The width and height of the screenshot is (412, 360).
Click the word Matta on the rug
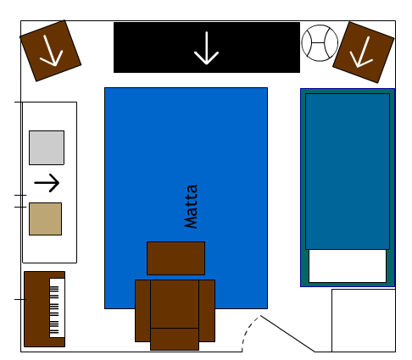pos(191,206)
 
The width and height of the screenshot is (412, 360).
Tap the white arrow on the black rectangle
pos(207,48)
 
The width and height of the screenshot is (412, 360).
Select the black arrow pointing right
pos(47,183)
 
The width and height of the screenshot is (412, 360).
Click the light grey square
pos(47,147)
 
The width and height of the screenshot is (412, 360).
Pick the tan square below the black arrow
pos(45,219)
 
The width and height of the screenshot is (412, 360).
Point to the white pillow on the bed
pos(348,266)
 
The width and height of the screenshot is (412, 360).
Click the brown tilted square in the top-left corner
pos(51,51)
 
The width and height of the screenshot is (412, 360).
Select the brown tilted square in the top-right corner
pos(364,53)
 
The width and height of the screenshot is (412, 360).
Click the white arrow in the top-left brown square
pos(51,51)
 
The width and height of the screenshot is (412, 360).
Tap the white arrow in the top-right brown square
pos(361,53)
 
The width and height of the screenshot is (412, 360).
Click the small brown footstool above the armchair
pos(175,258)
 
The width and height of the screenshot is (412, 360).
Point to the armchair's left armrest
pos(142,311)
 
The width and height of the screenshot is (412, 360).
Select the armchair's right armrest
pos(207,311)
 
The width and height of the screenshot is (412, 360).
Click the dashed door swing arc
pos(247,331)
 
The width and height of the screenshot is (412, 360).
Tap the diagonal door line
pos(287,334)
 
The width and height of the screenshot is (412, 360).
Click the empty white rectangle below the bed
pos(364,320)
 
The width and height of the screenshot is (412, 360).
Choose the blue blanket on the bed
pos(348,172)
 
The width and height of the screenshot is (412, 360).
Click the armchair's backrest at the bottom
pos(175,339)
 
